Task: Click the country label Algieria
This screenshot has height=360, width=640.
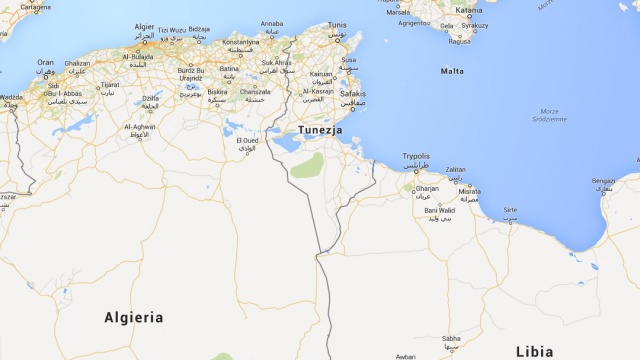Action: point(133,317)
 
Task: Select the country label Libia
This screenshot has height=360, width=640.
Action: point(534,351)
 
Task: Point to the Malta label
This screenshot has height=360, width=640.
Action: point(452,71)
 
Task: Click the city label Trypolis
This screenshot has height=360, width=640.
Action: point(415,156)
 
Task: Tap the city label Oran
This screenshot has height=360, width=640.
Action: point(46,62)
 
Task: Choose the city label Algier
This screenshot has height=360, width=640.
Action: point(145,26)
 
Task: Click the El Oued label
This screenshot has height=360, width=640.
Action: point(248,141)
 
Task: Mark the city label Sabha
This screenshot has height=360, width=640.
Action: point(452,338)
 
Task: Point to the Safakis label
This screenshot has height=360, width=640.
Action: point(352,94)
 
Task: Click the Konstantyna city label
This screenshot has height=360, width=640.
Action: point(240,43)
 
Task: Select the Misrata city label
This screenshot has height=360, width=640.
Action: point(470,190)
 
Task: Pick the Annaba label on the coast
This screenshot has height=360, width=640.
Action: point(271,22)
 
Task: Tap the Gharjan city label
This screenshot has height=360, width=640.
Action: point(427,188)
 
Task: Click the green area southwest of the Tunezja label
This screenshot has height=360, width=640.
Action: point(307,166)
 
